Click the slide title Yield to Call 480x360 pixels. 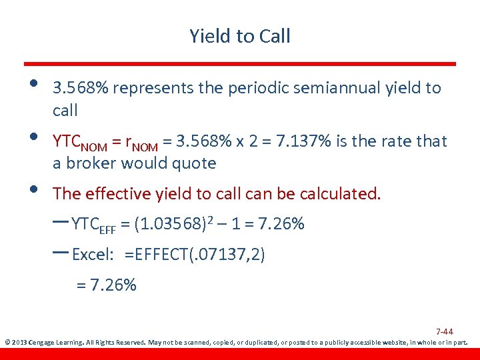(x=240, y=36)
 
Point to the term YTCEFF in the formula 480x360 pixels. (x=93, y=225)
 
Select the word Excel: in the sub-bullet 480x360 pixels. (x=93, y=255)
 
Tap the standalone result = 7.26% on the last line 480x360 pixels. (x=106, y=285)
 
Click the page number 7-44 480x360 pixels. (x=445, y=331)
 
